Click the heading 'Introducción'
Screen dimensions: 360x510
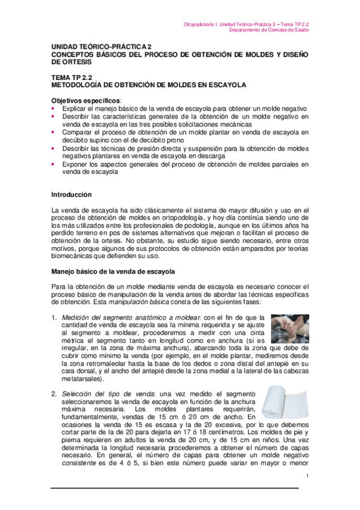click(x=71, y=195)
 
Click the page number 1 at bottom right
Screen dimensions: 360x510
click(x=307, y=476)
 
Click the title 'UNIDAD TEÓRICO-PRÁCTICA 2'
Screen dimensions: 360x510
click(x=101, y=46)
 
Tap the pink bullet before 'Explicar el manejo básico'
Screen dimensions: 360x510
click(x=54, y=108)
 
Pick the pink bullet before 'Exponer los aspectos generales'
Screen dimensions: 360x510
click(x=54, y=164)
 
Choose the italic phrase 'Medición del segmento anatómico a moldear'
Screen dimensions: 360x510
click(x=132, y=318)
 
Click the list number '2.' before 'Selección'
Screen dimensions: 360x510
click(x=54, y=392)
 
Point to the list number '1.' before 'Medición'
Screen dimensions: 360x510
click(x=54, y=318)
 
